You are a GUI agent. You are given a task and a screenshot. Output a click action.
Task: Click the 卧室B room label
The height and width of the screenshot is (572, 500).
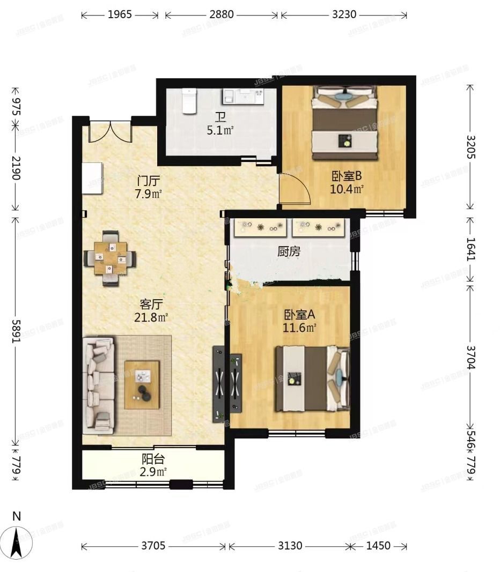347,176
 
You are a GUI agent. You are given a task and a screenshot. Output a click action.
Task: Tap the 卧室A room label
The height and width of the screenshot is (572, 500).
300,315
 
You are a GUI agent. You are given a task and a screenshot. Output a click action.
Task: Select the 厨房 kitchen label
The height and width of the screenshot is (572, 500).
289,251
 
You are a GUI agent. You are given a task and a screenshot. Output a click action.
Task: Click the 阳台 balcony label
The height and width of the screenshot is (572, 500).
153,459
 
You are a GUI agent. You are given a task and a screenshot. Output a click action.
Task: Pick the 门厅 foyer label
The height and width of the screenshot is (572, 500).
149,181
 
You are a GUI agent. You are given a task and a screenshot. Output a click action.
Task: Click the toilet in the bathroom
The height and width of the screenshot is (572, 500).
189,101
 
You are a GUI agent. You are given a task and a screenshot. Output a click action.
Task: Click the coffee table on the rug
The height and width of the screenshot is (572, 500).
142,384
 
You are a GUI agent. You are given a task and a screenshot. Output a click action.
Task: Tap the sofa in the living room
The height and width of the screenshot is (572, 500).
98,385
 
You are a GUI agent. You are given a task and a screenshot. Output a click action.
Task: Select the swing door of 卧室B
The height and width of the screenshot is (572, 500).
294,190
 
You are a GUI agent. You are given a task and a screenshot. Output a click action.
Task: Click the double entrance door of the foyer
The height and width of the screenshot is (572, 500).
110,132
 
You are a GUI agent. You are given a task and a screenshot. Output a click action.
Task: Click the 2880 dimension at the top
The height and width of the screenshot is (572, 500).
221,14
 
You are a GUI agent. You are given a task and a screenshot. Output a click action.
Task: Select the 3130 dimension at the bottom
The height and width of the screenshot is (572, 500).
290,546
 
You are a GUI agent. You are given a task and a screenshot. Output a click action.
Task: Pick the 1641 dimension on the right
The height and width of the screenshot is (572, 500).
470,249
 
